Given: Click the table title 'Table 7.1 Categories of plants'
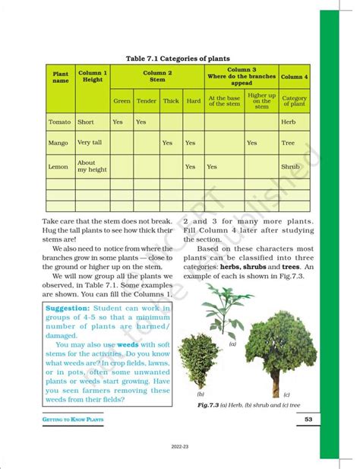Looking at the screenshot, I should [x=178, y=59].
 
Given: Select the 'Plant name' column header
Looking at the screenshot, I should [x=60, y=77].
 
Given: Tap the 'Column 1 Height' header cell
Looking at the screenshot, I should [x=93, y=77].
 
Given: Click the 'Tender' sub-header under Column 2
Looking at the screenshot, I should [x=146, y=100].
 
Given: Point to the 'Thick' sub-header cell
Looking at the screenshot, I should [x=171, y=100].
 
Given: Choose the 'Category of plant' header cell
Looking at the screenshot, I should [x=294, y=101].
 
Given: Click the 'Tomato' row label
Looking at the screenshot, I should [x=59, y=122].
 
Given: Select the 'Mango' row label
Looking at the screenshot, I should [x=58, y=143].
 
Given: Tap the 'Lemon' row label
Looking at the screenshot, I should [x=58, y=166].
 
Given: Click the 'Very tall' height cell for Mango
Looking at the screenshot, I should [x=90, y=143].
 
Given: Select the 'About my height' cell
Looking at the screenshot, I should [x=87, y=166].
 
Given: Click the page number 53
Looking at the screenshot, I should [x=309, y=420].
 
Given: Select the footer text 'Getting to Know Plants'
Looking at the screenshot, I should [x=73, y=420].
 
